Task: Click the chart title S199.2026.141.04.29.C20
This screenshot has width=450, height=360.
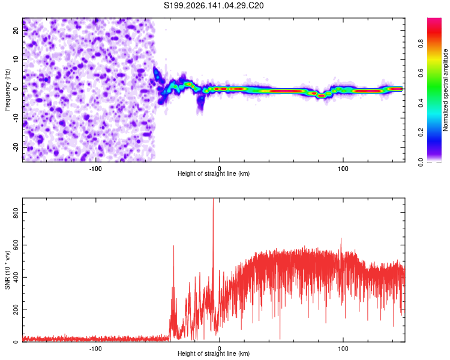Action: pyautogui.click(x=214, y=5)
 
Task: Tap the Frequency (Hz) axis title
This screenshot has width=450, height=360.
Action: pyautogui.click(x=7, y=89)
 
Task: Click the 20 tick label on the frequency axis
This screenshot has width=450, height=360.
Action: pyautogui.click(x=16, y=31)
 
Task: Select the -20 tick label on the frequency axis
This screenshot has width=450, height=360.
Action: pyautogui.click(x=16, y=147)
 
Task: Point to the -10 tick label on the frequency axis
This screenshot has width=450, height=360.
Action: pyautogui.click(x=16, y=118)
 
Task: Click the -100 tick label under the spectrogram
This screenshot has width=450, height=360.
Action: pyautogui.click(x=95, y=169)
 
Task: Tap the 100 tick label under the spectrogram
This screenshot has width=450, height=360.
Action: pyautogui.click(x=343, y=169)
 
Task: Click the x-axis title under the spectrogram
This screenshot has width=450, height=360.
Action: pyautogui.click(x=214, y=173)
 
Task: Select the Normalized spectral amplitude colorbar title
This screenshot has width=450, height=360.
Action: pyautogui.click(x=445, y=90)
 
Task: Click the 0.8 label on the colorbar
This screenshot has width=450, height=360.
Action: pyautogui.click(x=421, y=44)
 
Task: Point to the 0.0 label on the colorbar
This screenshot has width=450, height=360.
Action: pyautogui.click(x=421, y=162)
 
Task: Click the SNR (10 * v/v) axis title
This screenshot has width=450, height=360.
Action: pyautogui.click(x=7, y=270)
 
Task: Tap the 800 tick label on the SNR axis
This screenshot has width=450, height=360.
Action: pyautogui.click(x=16, y=213)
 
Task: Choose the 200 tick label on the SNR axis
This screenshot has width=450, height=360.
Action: pyautogui.click(x=16, y=310)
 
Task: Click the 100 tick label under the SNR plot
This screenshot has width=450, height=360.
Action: pyautogui.click(x=343, y=349)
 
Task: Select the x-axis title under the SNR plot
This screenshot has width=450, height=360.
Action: pyautogui.click(x=214, y=353)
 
